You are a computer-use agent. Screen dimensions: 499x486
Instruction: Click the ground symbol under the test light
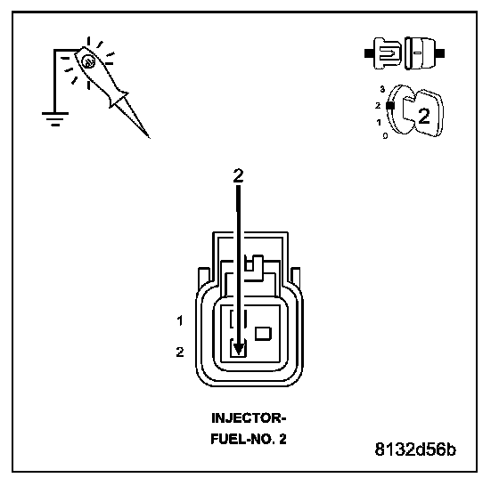[x=55, y=118]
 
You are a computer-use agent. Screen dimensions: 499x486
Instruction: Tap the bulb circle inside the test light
[x=87, y=62]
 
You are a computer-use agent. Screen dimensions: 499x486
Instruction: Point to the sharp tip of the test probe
[x=150, y=138]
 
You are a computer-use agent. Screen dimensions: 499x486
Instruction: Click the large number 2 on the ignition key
[x=424, y=116]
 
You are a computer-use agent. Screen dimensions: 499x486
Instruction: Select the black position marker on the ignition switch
[x=390, y=106]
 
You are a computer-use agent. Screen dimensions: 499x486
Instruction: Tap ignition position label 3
[x=382, y=89]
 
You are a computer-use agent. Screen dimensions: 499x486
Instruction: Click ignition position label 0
[x=385, y=135]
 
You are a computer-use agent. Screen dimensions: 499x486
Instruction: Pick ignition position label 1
[x=379, y=122]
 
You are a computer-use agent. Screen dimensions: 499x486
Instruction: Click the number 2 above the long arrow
[x=238, y=175]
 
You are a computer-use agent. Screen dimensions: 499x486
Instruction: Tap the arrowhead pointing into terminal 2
[x=239, y=349]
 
